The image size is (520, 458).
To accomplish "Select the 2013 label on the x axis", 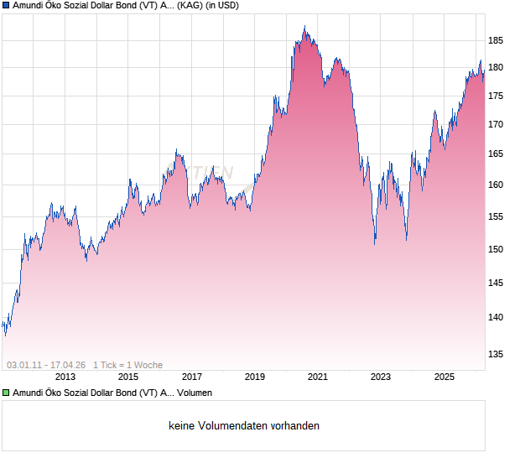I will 65,377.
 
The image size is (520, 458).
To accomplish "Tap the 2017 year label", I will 192,377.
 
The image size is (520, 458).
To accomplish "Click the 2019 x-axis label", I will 255,377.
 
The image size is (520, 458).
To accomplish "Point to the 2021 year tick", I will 318,377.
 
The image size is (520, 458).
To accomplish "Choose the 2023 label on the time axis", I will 381,377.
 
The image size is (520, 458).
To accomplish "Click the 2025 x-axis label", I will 444,377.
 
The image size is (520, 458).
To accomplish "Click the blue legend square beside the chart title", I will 6,5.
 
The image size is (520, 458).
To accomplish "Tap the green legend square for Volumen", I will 6,393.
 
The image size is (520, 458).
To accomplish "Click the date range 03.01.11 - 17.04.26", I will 46,365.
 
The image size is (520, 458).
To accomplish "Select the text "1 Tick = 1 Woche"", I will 127,365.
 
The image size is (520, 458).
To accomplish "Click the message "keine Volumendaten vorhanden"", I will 244,426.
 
